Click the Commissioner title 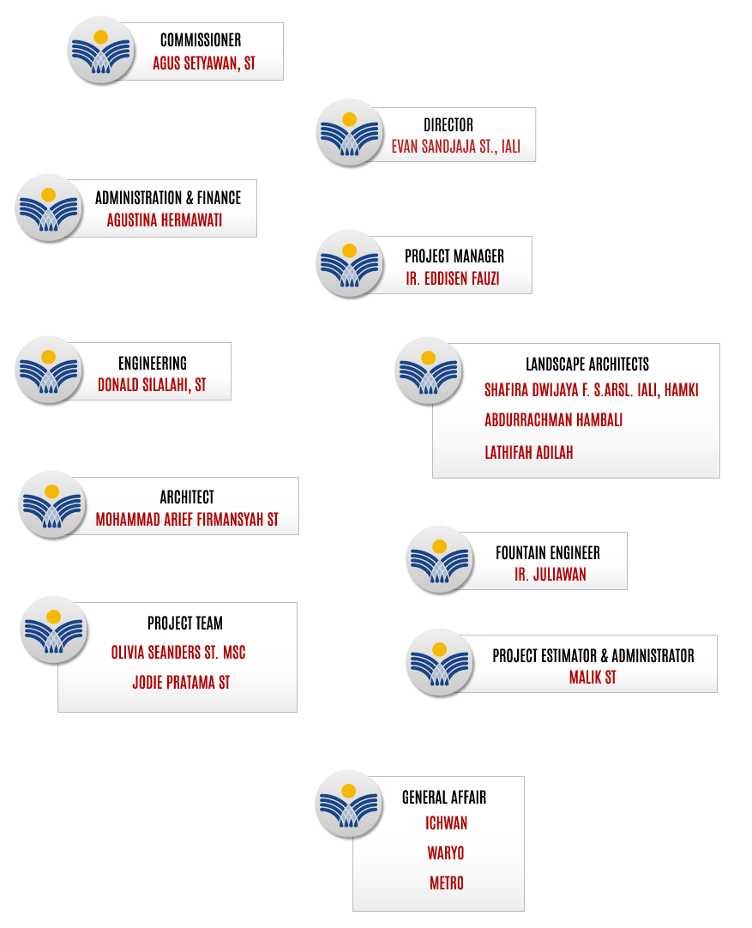tap(201, 40)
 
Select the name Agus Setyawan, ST tap(204, 63)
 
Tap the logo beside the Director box tap(350, 133)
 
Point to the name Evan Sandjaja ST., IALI tap(455, 147)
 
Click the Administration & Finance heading tap(168, 197)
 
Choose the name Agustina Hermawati tap(165, 220)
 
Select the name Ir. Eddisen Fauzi tap(453, 278)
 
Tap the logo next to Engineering tap(49, 370)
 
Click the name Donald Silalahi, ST tap(152, 385)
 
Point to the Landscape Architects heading tap(587, 364)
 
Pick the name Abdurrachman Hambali tap(553, 420)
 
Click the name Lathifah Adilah tap(529, 453)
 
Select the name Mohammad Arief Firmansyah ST tap(187, 520)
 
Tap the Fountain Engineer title tap(548, 553)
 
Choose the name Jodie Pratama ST tap(181, 683)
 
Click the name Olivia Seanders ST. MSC tap(178, 652)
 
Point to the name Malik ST tap(593, 677)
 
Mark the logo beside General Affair tap(349, 804)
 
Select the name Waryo tap(446, 853)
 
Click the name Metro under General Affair tap(447, 883)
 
